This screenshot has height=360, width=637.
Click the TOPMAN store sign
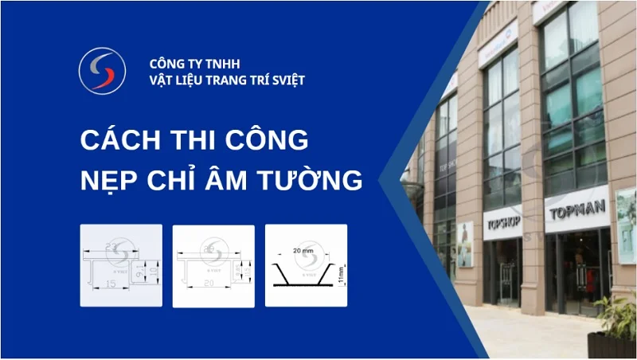(577, 210)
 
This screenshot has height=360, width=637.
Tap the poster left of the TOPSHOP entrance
(465, 242)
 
